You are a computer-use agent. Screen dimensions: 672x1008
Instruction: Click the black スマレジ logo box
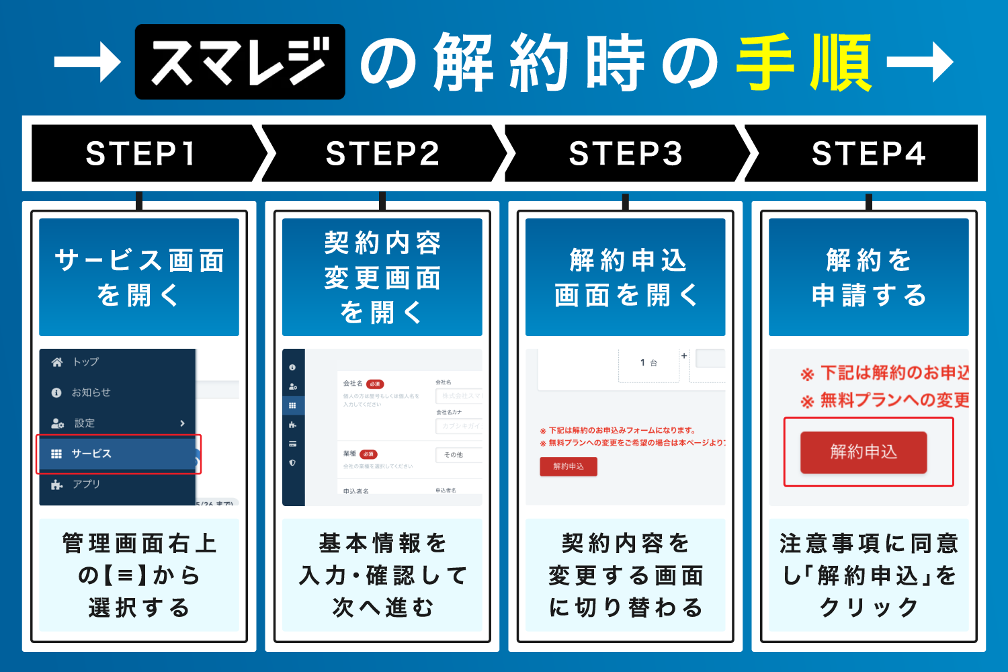pos(240,62)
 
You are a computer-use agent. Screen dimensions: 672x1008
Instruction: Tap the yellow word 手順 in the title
pos(804,62)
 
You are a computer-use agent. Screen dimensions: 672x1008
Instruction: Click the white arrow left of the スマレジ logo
pos(87,62)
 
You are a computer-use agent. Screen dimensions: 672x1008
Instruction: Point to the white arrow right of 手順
pos(920,62)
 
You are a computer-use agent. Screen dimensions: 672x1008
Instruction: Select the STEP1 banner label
pos(141,154)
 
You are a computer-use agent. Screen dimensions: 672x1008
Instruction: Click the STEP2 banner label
pos(382,154)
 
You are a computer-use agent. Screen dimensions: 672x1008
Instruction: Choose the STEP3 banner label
pos(626,154)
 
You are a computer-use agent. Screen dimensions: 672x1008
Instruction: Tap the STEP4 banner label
pos(868,154)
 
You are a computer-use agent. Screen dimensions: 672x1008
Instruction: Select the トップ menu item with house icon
pos(85,362)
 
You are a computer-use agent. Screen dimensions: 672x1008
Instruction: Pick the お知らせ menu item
pos(91,392)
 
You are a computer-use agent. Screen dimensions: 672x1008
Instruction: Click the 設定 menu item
pos(85,423)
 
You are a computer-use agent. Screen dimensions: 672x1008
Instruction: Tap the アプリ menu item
pos(86,484)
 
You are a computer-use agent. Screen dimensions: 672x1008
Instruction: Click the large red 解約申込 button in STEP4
pos(864,452)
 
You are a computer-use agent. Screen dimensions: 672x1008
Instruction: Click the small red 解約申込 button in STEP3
pos(569,466)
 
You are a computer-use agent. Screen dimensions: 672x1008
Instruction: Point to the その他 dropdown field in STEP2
pos(459,455)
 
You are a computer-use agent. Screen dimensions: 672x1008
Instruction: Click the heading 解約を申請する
pos(868,277)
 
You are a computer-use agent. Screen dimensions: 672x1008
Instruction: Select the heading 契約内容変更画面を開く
pos(382,277)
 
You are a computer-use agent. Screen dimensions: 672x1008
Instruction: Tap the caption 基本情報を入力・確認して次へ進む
pos(382,575)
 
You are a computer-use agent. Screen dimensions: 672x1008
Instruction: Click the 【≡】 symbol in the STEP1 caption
pos(125,575)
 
